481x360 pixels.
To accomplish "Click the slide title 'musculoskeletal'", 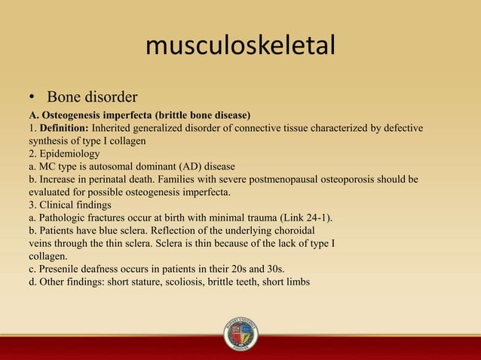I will tap(240, 47).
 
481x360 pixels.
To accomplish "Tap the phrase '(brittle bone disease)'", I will tap(201, 115).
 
